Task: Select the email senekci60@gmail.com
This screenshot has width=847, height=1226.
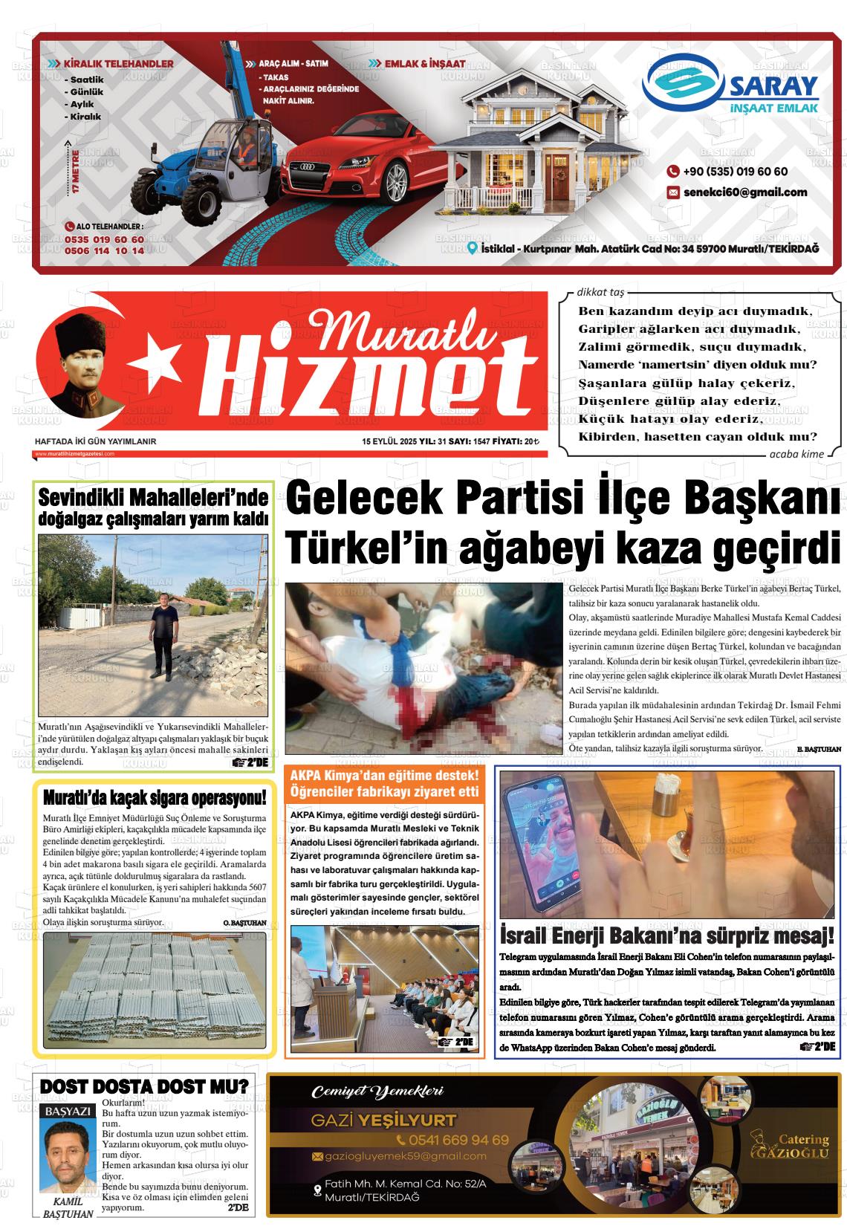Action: [745, 192]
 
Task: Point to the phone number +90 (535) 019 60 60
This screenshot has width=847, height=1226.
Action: [735, 172]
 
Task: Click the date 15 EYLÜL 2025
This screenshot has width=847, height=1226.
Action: [389, 441]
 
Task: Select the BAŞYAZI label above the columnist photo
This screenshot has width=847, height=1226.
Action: [68, 1112]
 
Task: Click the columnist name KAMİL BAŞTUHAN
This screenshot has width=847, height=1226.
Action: [68, 1209]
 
